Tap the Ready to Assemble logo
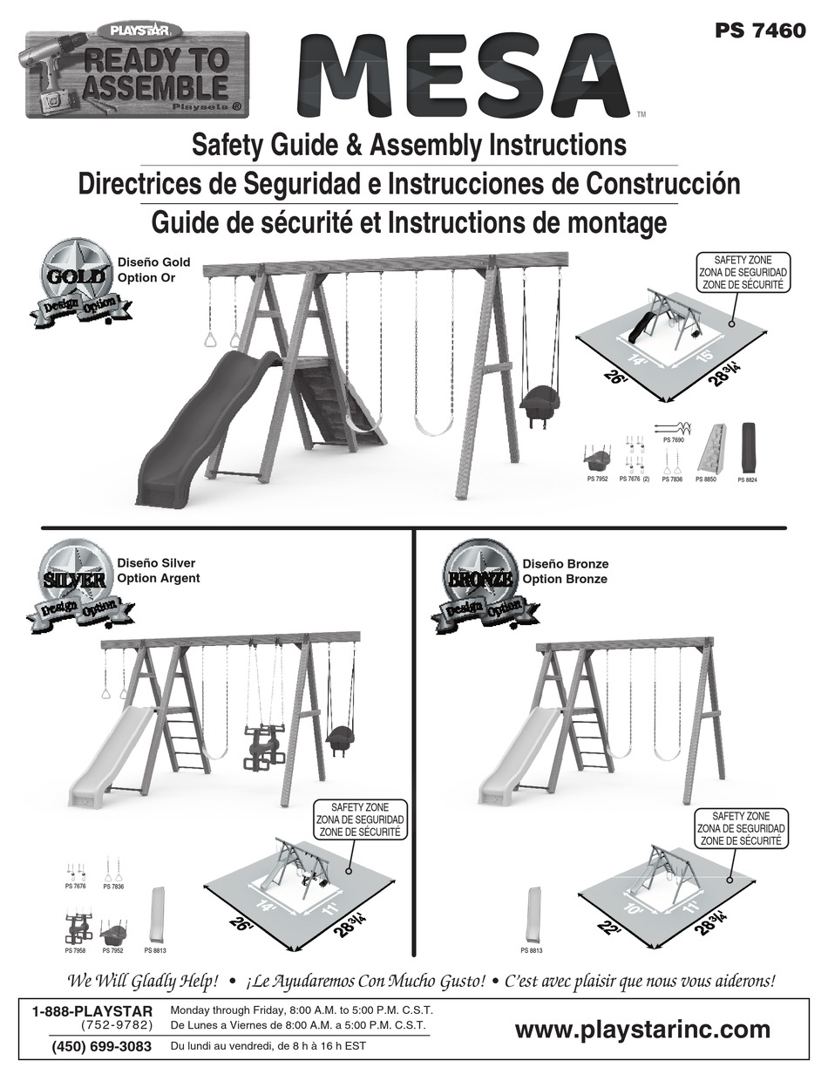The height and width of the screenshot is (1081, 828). point(135,76)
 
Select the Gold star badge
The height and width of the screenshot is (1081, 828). point(76,279)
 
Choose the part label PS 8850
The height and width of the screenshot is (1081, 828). point(705,480)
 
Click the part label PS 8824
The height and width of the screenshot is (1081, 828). point(748,480)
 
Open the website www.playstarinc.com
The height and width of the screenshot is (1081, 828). point(642,1030)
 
